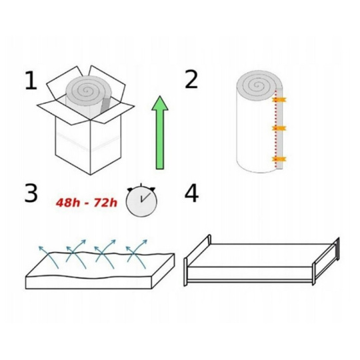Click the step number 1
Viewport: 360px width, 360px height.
click(x=31, y=81)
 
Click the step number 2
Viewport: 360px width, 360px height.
click(x=191, y=79)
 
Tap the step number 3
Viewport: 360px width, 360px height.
click(x=31, y=193)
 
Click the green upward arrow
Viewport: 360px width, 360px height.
click(x=160, y=133)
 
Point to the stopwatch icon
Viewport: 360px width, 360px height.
click(x=141, y=200)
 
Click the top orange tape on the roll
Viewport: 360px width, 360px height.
click(x=279, y=99)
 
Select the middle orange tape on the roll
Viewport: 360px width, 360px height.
click(x=279, y=128)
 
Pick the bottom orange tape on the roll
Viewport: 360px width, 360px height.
click(x=279, y=159)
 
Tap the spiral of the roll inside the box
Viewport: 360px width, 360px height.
click(x=87, y=90)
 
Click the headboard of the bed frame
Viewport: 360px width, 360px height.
click(x=337, y=249)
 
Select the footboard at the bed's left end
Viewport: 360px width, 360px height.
click(x=185, y=272)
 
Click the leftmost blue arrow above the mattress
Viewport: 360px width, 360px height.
click(x=49, y=257)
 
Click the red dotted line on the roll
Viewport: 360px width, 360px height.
click(x=275, y=129)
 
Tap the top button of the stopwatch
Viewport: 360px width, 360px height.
click(x=141, y=186)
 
